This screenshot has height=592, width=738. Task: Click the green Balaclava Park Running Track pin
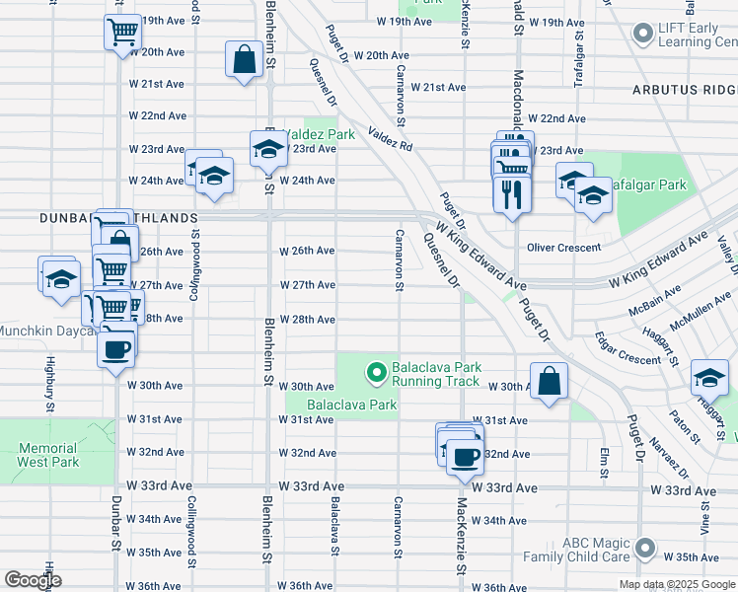click(375, 373)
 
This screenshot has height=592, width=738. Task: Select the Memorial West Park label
click(47, 455)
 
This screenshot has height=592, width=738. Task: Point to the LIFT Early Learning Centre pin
click(643, 36)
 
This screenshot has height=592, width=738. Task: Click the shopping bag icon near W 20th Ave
click(244, 59)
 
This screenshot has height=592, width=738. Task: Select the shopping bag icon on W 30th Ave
click(549, 381)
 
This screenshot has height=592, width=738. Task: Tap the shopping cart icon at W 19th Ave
click(122, 32)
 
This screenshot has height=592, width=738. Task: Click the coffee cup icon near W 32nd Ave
click(466, 457)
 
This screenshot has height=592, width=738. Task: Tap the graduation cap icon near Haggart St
click(709, 378)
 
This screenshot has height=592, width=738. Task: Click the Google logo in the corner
click(33, 580)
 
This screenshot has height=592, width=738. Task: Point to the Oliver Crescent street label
click(564, 248)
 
